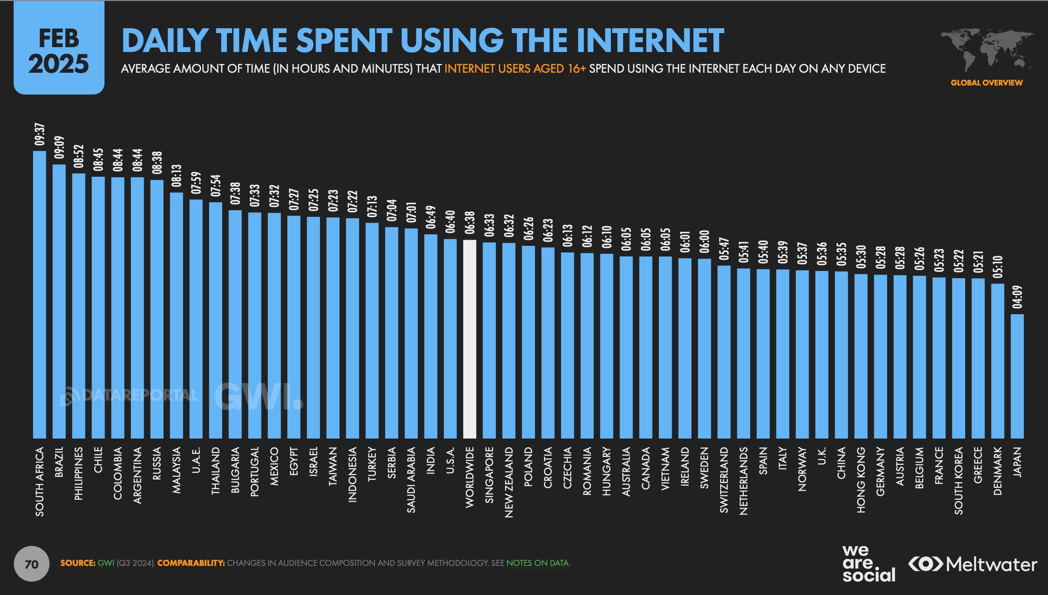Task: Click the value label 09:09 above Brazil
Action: click(x=59, y=147)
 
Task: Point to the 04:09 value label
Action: click(x=1017, y=297)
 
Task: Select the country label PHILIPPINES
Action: click(x=78, y=473)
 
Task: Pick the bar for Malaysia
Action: click(x=176, y=315)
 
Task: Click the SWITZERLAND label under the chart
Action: click(x=724, y=480)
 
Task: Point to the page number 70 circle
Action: click(x=32, y=564)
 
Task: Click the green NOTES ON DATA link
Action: click(x=538, y=563)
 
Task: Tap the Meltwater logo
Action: click(x=973, y=564)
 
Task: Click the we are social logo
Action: click(x=868, y=563)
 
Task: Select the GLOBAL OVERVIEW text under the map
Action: click(x=986, y=82)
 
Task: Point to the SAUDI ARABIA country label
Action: click(x=411, y=480)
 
